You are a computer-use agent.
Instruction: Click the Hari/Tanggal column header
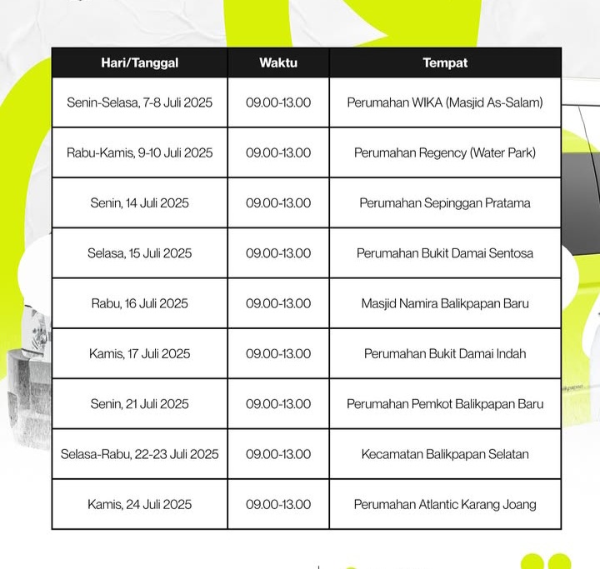tap(140, 62)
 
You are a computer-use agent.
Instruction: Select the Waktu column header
tap(278, 62)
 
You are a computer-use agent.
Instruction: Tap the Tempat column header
tap(445, 62)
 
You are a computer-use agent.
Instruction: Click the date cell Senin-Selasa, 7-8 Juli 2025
tap(140, 102)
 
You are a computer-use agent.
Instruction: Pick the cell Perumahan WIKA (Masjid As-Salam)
tap(445, 102)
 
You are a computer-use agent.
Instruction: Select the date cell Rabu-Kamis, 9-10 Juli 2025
tap(140, 152)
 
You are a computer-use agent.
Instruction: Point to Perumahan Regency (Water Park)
tap(445, 152)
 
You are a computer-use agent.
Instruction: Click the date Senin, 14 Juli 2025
tap(140, 202)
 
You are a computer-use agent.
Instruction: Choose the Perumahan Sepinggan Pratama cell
tap(445, 202)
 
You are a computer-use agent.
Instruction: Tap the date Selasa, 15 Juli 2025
tap(140, 252)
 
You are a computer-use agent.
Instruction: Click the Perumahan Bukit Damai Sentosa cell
tap(445, 252)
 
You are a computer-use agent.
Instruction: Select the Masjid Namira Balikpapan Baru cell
tap(445, 303)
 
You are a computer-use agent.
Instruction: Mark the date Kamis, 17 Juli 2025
tap(140, 353)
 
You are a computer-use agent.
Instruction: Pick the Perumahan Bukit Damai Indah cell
tap(445, 353)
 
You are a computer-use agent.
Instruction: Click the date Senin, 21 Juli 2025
tap(140, 404)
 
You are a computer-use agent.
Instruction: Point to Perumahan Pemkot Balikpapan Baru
tap(445, 404)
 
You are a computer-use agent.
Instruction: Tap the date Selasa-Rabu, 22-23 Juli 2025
tap(140, 454)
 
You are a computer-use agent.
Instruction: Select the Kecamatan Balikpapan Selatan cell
tap(445, 454)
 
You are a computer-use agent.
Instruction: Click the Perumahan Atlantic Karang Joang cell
tap(445, 504)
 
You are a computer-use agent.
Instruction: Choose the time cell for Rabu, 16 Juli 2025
tap(278, 303)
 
